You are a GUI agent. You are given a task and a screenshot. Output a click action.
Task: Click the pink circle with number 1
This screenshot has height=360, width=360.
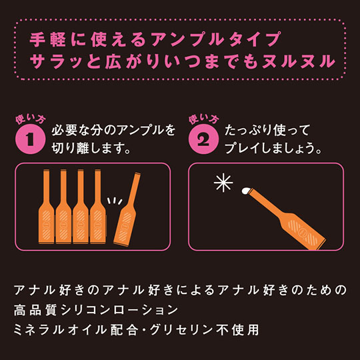30,139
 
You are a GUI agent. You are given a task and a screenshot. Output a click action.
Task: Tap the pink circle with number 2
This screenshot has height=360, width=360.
203,139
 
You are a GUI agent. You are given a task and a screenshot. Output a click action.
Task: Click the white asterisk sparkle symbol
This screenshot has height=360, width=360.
223,183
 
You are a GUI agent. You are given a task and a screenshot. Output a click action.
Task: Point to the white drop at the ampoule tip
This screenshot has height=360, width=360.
246,190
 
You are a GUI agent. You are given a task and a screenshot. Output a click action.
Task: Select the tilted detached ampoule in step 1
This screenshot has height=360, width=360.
127,209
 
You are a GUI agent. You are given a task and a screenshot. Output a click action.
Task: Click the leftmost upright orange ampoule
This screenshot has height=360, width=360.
47,207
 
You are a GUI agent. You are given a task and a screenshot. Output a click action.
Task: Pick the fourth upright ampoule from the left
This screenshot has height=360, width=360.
98,207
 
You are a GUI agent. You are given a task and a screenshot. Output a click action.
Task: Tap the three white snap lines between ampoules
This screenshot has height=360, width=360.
115,201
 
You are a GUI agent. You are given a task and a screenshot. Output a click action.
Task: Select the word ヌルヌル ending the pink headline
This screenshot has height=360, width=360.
299,61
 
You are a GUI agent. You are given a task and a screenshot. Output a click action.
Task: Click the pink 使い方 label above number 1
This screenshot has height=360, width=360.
30,119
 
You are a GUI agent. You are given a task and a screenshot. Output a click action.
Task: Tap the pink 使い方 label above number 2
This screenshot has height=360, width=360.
203,119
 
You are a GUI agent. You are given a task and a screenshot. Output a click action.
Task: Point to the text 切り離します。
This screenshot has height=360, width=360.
91,148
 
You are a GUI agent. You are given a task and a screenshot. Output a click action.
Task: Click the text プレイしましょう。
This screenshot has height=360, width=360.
273,148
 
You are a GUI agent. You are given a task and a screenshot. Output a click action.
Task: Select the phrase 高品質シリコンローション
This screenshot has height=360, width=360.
96,310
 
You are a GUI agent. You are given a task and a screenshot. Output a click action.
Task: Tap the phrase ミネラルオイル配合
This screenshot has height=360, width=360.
76,330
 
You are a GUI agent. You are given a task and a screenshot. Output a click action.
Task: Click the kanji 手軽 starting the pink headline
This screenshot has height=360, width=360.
48,39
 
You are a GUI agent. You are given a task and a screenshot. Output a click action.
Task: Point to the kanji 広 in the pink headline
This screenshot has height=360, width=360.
113,61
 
